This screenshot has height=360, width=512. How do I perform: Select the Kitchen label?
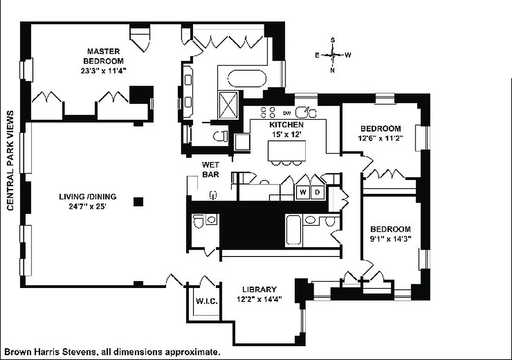286,125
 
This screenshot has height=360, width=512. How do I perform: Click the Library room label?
259,289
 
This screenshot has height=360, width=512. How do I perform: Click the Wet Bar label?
210,170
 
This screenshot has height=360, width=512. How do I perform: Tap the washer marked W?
303,192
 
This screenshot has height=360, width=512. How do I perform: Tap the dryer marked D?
317,192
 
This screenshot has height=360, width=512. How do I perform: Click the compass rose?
333,55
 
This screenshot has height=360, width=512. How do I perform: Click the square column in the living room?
138,202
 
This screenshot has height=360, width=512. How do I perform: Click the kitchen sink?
308,111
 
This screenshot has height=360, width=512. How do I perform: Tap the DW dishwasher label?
287,112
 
